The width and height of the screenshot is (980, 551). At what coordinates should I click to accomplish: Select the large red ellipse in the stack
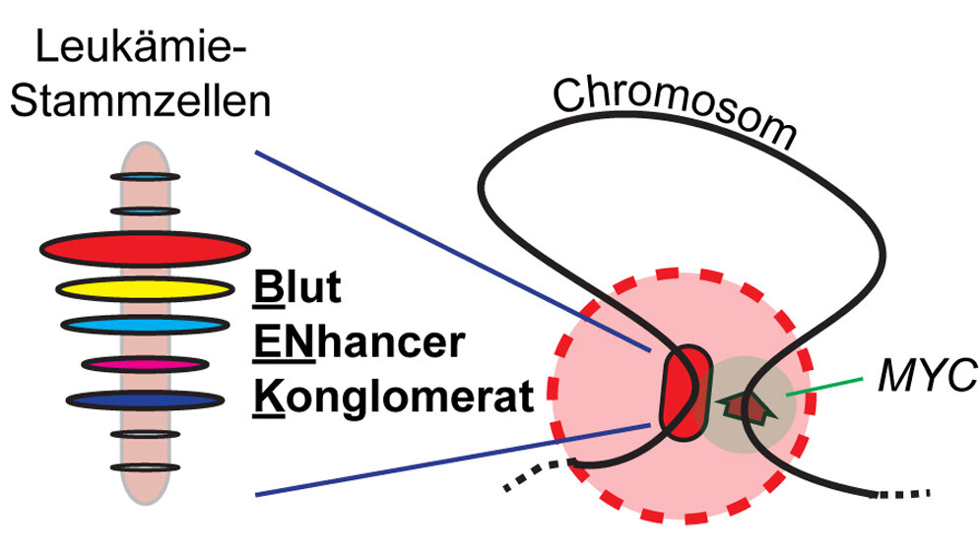tap(145, 249)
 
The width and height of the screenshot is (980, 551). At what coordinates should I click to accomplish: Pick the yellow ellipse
tap(144, 289)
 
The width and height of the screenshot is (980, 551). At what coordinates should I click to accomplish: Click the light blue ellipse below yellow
tap(144, 324)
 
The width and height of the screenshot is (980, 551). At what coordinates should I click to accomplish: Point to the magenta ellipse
tap(144, 364)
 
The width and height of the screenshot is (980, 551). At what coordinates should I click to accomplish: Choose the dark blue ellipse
tap(144, 400)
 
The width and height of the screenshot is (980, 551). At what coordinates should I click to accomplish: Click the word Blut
tap(295, 290)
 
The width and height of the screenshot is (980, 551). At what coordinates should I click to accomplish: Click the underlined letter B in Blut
tap(263, 290)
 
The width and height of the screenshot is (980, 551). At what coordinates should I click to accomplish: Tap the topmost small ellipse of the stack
tap(145, 176)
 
